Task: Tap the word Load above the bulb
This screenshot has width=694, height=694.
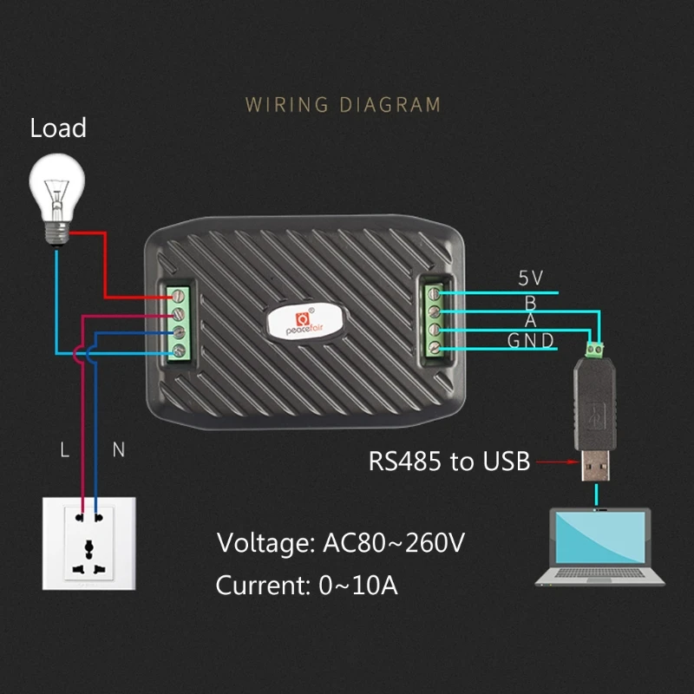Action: [x=58, y=128]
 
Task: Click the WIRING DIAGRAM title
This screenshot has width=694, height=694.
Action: [x=344, y=105]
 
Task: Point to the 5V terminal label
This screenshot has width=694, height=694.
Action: [x=530, y=278]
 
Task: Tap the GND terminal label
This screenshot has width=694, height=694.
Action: [x=531, y=341]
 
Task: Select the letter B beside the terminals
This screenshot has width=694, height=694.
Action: [x=530, y=301]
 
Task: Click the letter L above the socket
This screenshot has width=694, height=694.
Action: [x=64, y=449]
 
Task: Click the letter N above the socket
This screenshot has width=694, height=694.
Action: [x=119, y=449]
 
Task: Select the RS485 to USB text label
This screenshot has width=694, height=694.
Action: [x=448, y=461]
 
